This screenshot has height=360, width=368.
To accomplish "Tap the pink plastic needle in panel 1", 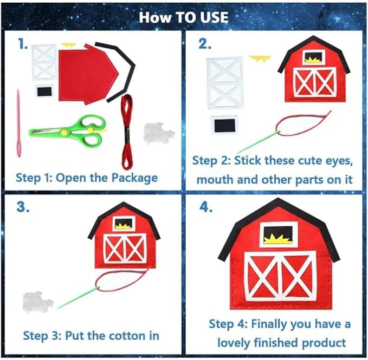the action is [18, 123].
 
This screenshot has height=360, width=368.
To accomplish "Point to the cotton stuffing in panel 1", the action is [159, 133].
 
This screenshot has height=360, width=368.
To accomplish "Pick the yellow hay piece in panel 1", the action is [68, 45].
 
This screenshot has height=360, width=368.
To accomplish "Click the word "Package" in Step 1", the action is [134, 178].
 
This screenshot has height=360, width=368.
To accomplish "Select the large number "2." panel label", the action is [205, 44].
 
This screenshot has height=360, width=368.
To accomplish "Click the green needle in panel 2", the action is [257, 143].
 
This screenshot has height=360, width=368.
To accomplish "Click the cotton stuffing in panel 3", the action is [37, 302].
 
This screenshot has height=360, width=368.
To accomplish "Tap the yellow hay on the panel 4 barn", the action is [278, 239].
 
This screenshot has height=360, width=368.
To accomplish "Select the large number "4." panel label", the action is [206, 207].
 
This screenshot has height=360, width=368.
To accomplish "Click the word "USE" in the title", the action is [214, 17].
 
